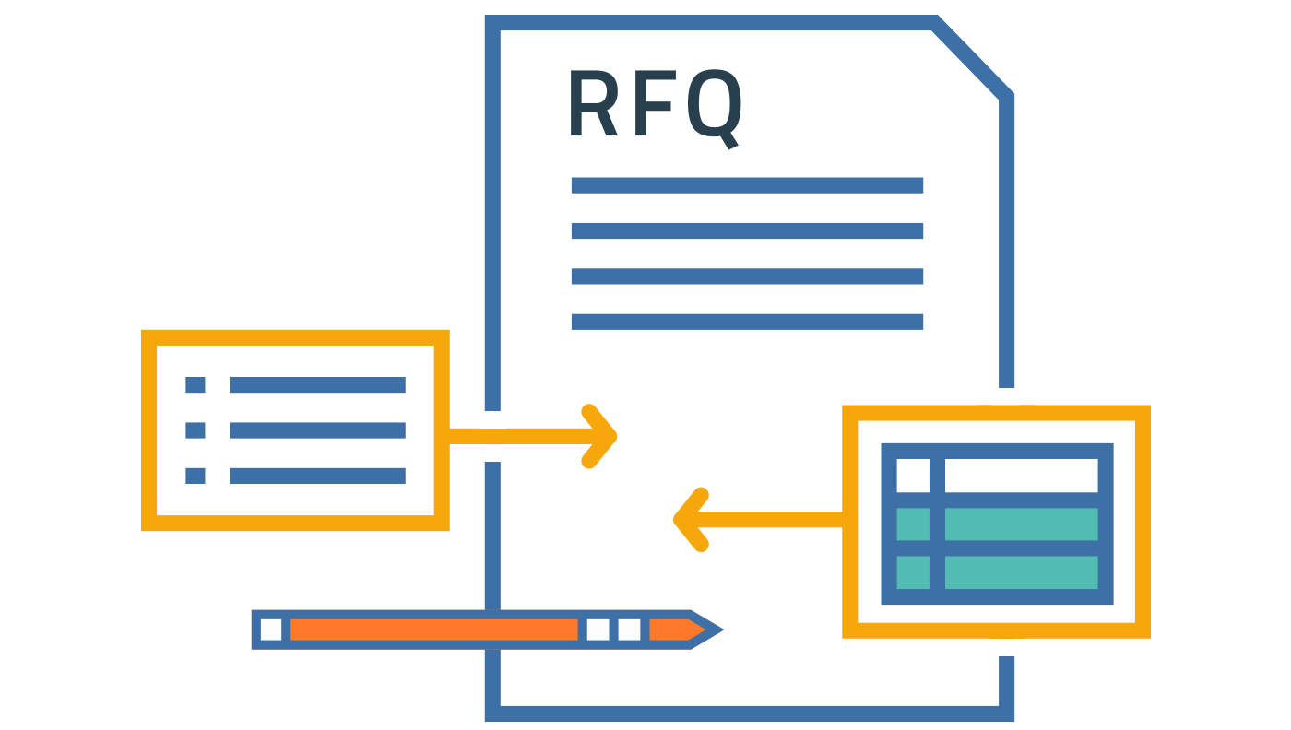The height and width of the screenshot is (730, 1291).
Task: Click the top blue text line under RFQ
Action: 747,185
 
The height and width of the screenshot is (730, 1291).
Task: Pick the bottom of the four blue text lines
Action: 747,322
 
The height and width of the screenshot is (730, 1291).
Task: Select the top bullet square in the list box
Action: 195,384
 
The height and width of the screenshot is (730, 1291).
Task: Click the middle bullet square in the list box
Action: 195,430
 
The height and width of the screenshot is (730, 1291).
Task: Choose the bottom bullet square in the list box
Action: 195,476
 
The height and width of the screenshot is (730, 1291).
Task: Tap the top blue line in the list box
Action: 317,384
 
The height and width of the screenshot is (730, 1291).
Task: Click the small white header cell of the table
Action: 913,476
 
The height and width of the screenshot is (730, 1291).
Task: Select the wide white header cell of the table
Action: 1021,476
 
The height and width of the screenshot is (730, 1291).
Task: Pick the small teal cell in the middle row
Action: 913,524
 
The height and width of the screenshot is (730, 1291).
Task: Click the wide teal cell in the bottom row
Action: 1021,571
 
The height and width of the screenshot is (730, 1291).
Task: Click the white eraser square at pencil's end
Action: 271,630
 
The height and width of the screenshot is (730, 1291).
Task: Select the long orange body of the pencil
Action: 433,630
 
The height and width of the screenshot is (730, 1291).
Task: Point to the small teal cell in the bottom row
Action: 913,571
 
